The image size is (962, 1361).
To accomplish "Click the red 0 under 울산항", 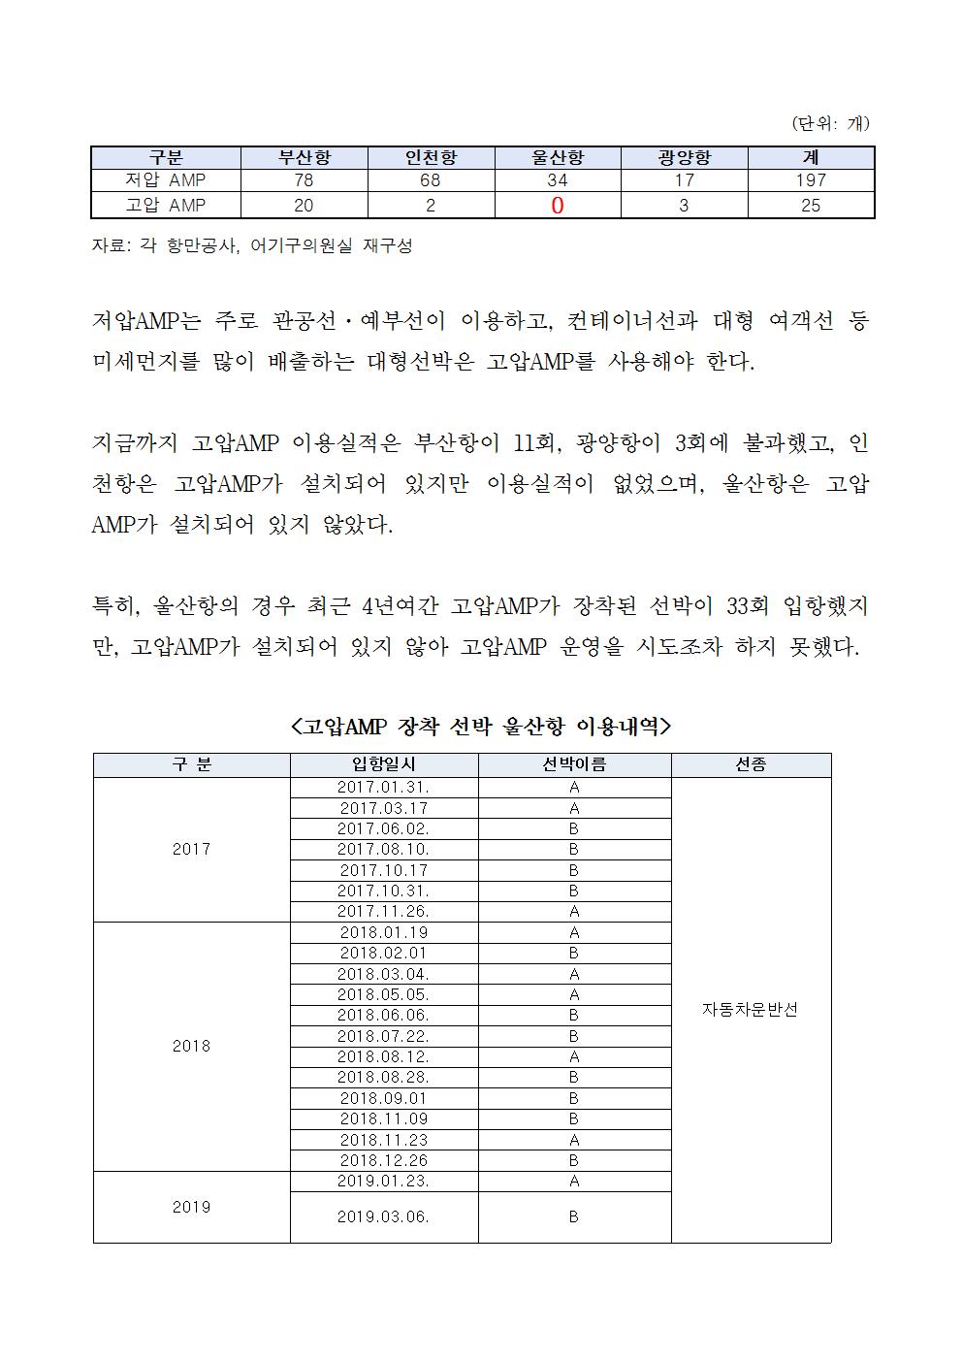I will click(558, 206).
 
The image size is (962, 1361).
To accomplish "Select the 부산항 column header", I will click(305, 157).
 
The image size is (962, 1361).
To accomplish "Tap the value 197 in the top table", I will click(810, 180).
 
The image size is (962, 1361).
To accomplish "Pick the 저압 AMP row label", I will click(166, 180).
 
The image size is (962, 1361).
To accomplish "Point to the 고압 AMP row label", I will click(166, 206).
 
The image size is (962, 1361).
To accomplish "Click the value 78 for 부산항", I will click(304, 180).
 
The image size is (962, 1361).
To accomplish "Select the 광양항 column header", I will click(684, 157).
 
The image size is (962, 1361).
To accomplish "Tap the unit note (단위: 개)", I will click(830, 123).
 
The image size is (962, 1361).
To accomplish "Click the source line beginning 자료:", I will click(252, 246).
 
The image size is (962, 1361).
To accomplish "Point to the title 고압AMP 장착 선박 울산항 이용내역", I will click(481, 726).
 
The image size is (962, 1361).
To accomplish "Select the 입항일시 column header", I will click(383, 764).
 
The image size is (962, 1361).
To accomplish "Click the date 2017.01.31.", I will click(383, 787).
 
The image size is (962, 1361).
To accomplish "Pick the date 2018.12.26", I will click(383, 1160).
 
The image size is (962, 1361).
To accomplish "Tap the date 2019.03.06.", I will click(383, 1216).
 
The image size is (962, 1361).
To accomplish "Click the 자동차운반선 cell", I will click(750, 1009).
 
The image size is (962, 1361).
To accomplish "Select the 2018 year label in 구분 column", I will click(191, 1046).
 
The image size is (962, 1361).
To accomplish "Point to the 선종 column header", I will click(751, 764).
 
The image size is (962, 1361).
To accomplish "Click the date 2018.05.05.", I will click(383, 994).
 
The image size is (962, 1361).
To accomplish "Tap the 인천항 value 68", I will click(430, 180).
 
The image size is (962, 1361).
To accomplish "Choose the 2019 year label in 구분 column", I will click(191, 1207).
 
